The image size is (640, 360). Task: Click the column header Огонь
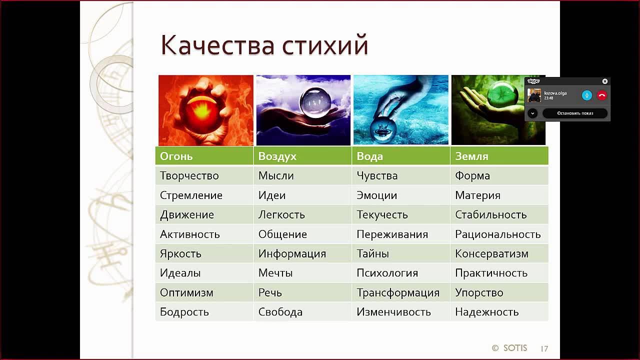tap(176, 156)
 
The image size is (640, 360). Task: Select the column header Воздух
tap(277, 156)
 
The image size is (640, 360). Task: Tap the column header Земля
tap(471, 156)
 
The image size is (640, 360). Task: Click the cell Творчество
tap(189, 176)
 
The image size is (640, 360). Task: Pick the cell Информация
tap(292, 254)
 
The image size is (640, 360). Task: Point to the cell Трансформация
tap(397, 293)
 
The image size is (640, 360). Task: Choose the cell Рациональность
tap(497, 234)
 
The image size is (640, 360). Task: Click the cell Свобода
tap(280, 312)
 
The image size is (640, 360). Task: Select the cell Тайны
tap(372, 254)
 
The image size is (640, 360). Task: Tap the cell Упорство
tap(479, 293)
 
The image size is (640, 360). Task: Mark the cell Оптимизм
tap(186, 293)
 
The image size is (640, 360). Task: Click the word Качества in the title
tap(217, 45)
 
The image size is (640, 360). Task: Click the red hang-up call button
tap(601, 95)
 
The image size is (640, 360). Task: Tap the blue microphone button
tap(587, 95)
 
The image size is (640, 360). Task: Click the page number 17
tap(544, 348)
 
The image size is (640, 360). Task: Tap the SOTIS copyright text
tap(509, 348)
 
